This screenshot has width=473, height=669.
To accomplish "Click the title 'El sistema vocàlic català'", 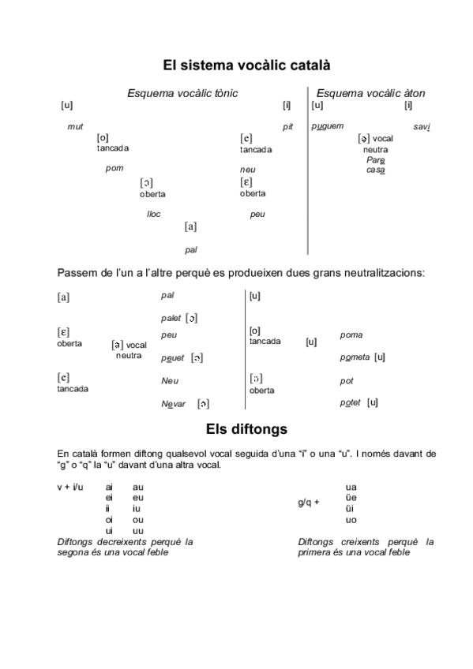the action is click(x=235, y=65).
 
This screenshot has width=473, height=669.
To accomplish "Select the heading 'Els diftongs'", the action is click(x=235, y=429).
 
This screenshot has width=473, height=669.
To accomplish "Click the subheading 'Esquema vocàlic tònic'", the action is click(x=182, y=94).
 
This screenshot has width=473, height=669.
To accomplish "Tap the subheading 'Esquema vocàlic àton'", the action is click(x=370, y=94).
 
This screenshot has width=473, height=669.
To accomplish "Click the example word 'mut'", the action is click(x=75, y=127).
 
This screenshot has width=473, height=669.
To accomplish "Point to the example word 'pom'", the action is click(x=114, y=168).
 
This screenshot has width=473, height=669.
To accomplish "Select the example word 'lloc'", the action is click(x=154, y=214).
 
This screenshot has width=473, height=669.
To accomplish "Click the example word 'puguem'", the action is click(x=328, y=126).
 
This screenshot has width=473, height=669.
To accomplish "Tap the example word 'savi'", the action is click(x=421, y=127).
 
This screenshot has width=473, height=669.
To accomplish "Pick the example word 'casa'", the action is click(x=375, y=170).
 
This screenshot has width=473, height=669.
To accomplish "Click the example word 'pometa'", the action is click(x=355, y=357).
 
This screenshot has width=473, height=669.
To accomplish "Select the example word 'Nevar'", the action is click(x=173, y=404).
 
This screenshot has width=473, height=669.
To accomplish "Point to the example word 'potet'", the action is click(x=350, y=402).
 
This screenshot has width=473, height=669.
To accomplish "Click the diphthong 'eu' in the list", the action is click(x=138, y=498).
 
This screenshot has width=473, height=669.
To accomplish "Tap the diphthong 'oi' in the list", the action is click(x=109, y=520).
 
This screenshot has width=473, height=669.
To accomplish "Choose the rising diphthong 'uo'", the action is click(x=351, y=520).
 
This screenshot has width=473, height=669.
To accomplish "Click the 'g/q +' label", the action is click(x=309, y=503).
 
